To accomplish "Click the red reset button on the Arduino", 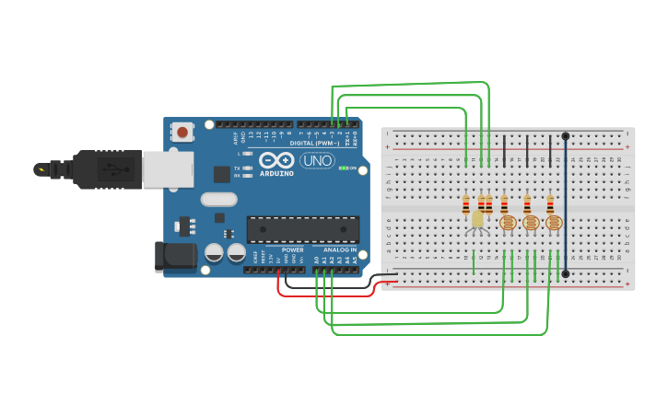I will coord(182,132).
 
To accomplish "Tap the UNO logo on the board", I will coord(317,160).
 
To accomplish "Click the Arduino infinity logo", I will coord(275,159).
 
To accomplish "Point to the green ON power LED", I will coord(343,168).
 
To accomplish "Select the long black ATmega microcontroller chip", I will coord(302,229).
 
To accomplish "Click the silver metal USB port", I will coord(168,169).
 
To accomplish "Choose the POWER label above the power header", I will coord(292,249).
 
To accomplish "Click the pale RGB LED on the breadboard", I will coord(477,219).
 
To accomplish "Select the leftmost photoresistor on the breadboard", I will coord(507,223).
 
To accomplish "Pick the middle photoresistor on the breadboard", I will coord(530,223).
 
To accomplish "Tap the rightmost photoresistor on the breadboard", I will coord(553,223).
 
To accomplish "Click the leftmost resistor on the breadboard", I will coord(466,204).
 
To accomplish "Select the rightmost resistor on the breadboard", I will coord(550,203).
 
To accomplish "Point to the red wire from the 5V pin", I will coord(322,295).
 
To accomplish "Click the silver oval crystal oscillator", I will coord(218,199).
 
